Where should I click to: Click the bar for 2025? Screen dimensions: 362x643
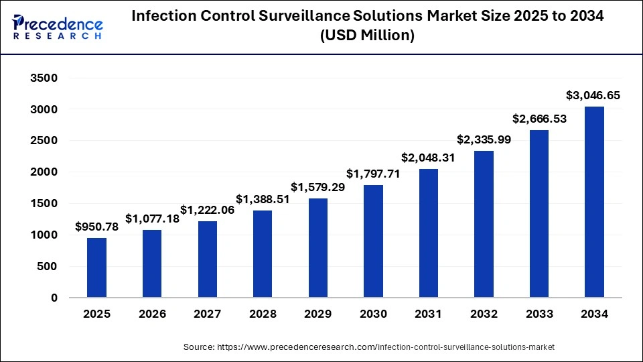pos(96,267)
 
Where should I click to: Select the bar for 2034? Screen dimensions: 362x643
pos(594,202)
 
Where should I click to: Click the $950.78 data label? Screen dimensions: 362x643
pos(96,227)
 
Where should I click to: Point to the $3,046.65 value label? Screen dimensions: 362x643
pos(594,95)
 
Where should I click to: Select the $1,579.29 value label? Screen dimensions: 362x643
pos(317,186)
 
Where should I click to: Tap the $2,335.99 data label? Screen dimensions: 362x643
pos(484,139)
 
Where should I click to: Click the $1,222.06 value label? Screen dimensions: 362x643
pos(207,209)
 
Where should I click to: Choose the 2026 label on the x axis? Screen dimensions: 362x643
pos(152,314)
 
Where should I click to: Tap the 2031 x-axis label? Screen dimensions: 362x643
pos(429,314)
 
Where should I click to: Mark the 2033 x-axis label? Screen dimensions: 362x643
pos(539,314)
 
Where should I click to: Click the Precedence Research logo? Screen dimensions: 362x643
pos(57,25)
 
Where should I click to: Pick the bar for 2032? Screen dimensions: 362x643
pos(484,224)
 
